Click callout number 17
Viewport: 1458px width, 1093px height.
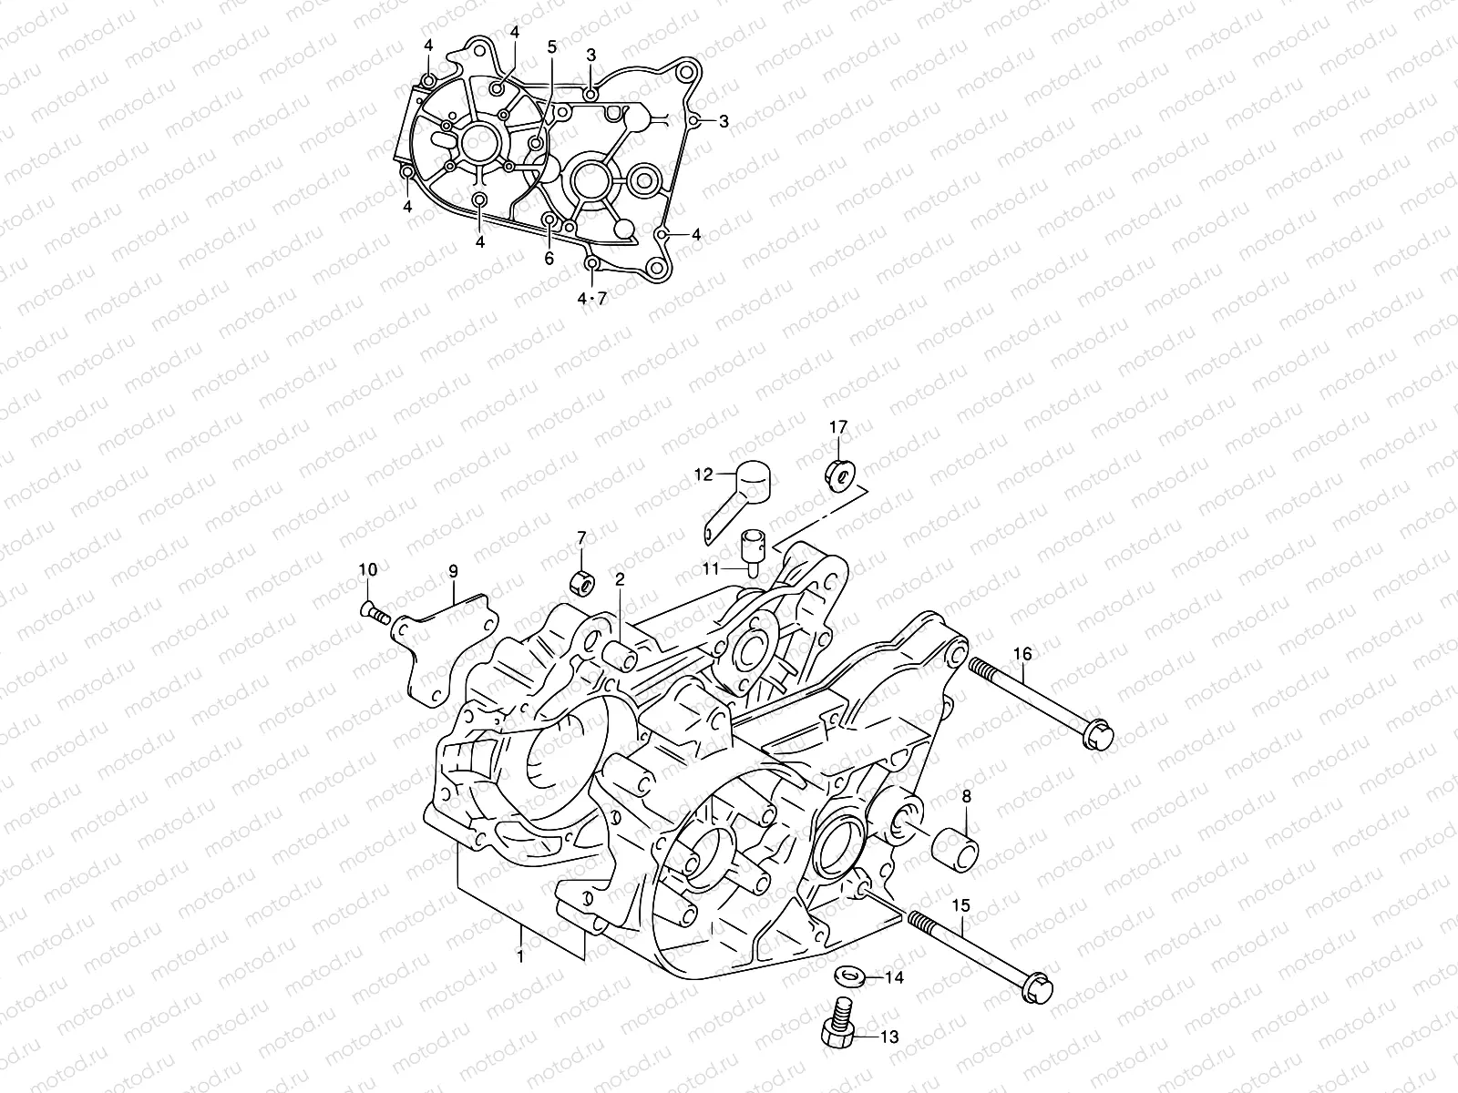click(x=837, y=426)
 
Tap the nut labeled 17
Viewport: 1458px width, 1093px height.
click(x=838, y=474)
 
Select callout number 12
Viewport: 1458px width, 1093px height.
click(x=703, y=474)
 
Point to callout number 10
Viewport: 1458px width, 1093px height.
click(x=367, y=570)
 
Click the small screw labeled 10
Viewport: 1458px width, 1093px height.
click(x=375, y=614)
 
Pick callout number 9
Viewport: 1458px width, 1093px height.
click(x=452, y=572)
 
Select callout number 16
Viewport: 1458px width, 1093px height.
click(x=1022, y=654)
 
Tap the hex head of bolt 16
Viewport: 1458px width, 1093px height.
click(x=1096, y=736)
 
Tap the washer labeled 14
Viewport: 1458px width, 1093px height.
click(x=849, y=976)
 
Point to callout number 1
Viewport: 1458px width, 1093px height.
click(x=519, y=956)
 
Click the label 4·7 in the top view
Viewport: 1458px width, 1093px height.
click(x=590, y=298)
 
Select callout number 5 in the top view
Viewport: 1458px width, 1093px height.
click(x=551, y=47)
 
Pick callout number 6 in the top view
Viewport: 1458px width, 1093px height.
click(x=549, y=258)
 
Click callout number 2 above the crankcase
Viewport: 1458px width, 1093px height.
click(x=620, y=579)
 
